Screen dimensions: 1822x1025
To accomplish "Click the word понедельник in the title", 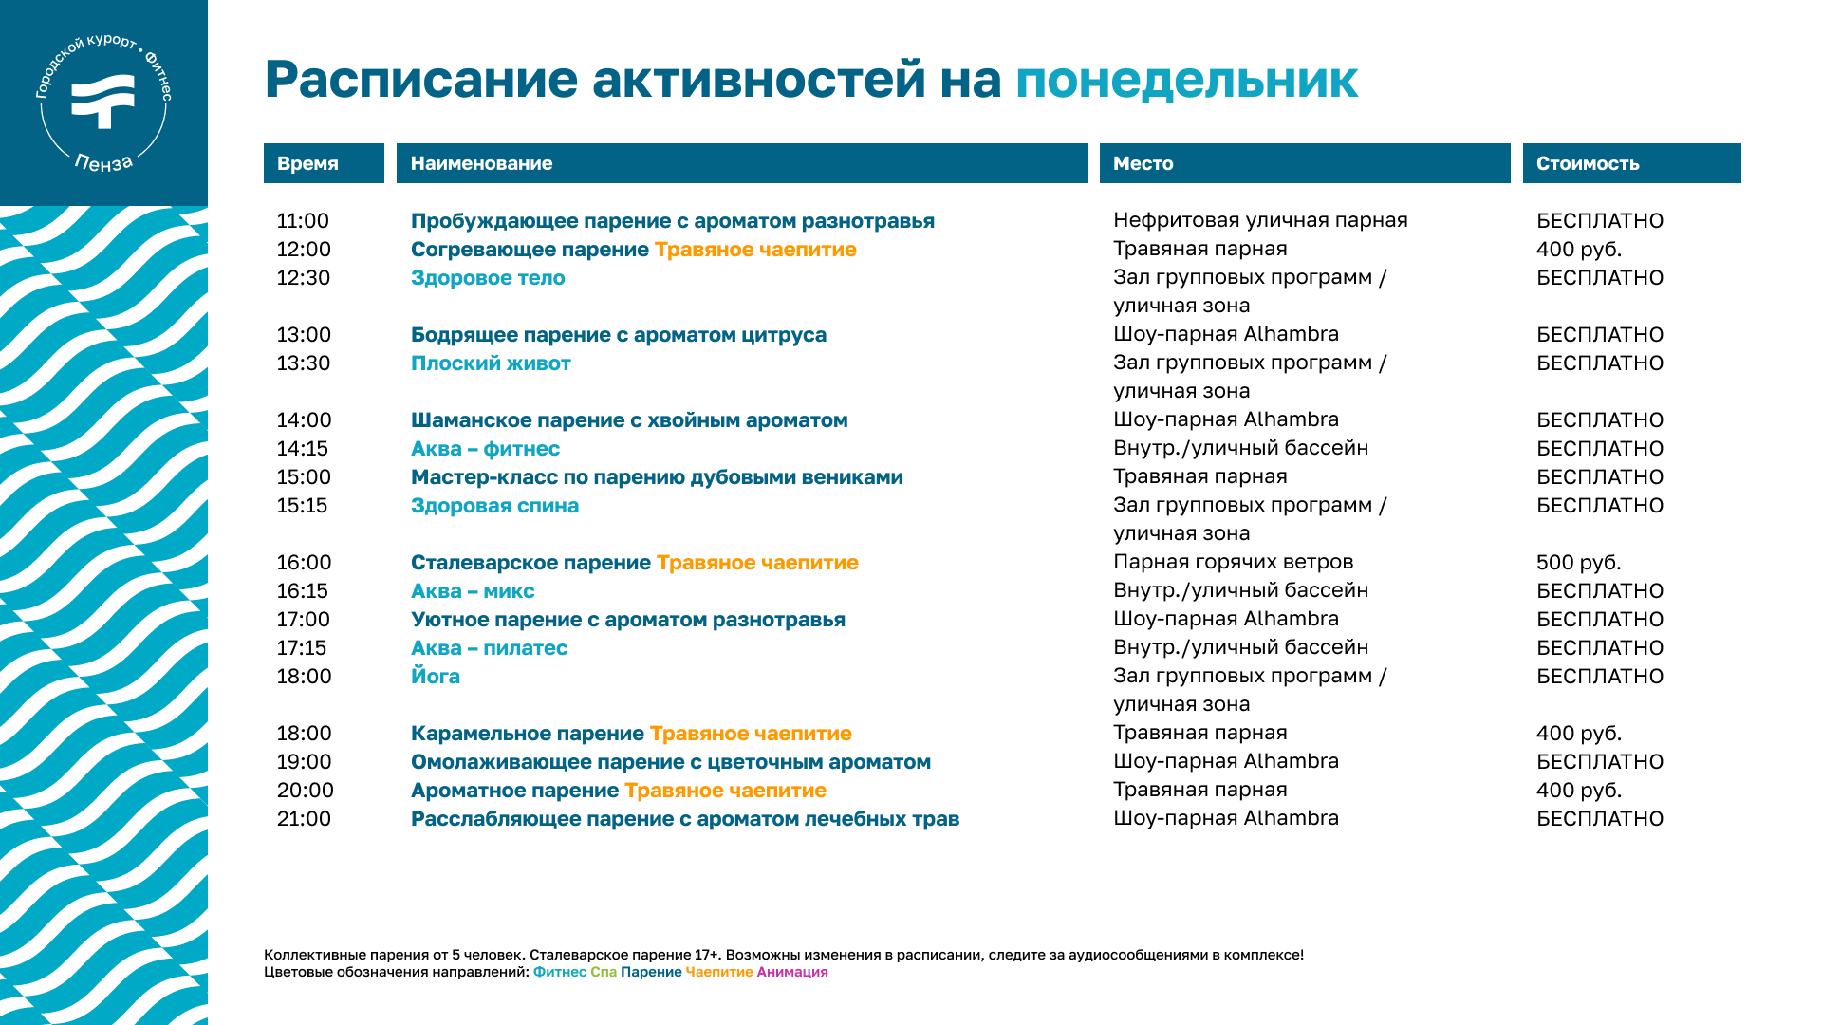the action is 1186,80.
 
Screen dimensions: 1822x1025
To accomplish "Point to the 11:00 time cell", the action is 303,221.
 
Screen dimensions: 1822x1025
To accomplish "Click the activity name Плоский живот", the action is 491,363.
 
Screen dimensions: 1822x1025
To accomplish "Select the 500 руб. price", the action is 1579,563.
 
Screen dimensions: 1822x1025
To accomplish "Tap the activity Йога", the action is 436,676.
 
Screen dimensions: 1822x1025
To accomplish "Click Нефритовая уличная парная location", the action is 1260,220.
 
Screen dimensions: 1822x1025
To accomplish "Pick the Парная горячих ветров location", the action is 1233,562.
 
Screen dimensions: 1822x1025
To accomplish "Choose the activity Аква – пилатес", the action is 489,648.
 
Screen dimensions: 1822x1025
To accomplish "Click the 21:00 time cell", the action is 304,819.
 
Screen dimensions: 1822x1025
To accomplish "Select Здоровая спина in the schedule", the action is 494,506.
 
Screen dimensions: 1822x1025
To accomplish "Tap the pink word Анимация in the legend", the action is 792,972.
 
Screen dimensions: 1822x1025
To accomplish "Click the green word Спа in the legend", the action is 604,972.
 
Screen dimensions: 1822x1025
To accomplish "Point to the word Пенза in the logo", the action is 103,164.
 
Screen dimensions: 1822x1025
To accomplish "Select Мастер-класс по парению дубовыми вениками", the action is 657,477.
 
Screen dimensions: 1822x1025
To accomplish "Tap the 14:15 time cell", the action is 302,449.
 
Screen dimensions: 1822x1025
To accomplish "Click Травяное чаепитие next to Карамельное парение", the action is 751,734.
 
